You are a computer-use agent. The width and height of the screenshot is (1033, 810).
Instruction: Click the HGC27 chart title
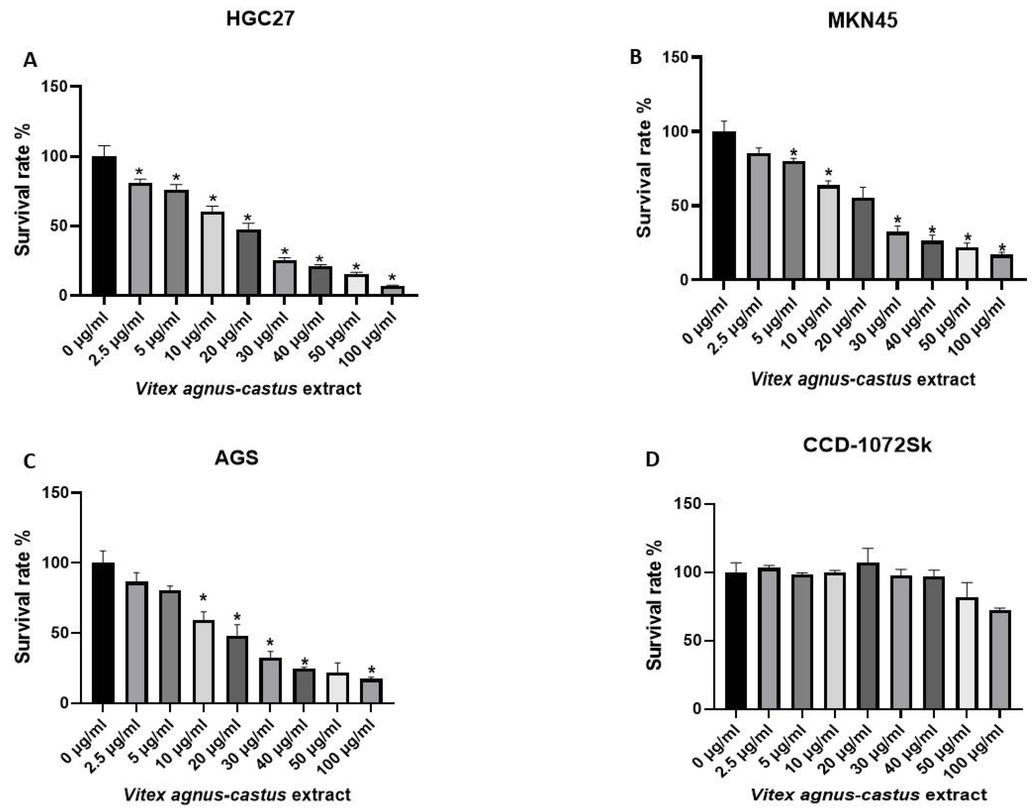tap(260, 19)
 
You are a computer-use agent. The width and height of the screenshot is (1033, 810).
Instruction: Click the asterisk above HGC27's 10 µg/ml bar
tap(212, 198)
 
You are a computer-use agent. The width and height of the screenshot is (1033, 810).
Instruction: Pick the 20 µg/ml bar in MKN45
tap(862, 238)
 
